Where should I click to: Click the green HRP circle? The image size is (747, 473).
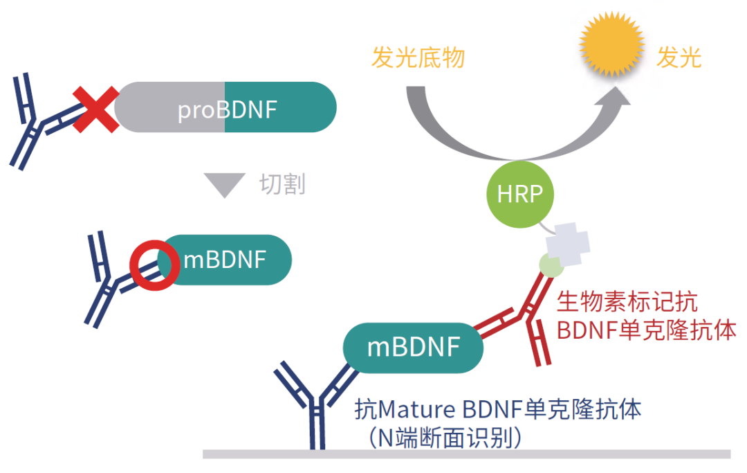pos(520,194)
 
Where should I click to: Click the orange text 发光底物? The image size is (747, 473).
pos(418,58)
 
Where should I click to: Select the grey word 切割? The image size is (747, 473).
pos(282,184)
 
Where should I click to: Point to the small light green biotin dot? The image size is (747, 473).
pos(551,265)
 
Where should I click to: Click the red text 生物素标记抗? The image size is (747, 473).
pos(627,303)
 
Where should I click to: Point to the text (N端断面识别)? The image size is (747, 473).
pos(443,437)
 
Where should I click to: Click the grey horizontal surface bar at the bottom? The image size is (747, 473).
pos(466,454)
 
